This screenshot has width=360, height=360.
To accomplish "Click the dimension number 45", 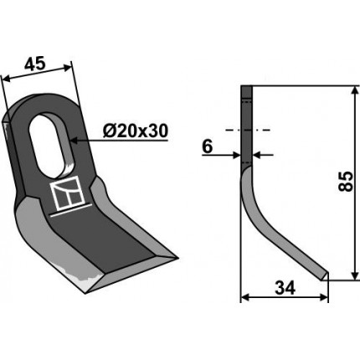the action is pyautogui.click(x=34, y=64).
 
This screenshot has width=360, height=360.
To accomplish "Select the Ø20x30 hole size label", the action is pyautogui.click(x=136, y=131).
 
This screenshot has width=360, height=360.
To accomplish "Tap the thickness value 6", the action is pyautogui.click(x=208, y=147).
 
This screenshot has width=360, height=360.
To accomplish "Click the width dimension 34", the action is pyautogui.click(x=285, y=288).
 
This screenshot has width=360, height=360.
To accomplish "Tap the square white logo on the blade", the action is pyautogui.click(x=68, y=193).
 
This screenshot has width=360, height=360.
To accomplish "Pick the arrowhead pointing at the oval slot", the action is pyautogui.click(x=75, y=141).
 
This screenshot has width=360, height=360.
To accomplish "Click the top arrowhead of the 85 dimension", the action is pyautogui.click(x=355, y=90).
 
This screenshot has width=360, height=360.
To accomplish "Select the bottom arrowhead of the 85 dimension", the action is pyautogui.click(x=355, y=275).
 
